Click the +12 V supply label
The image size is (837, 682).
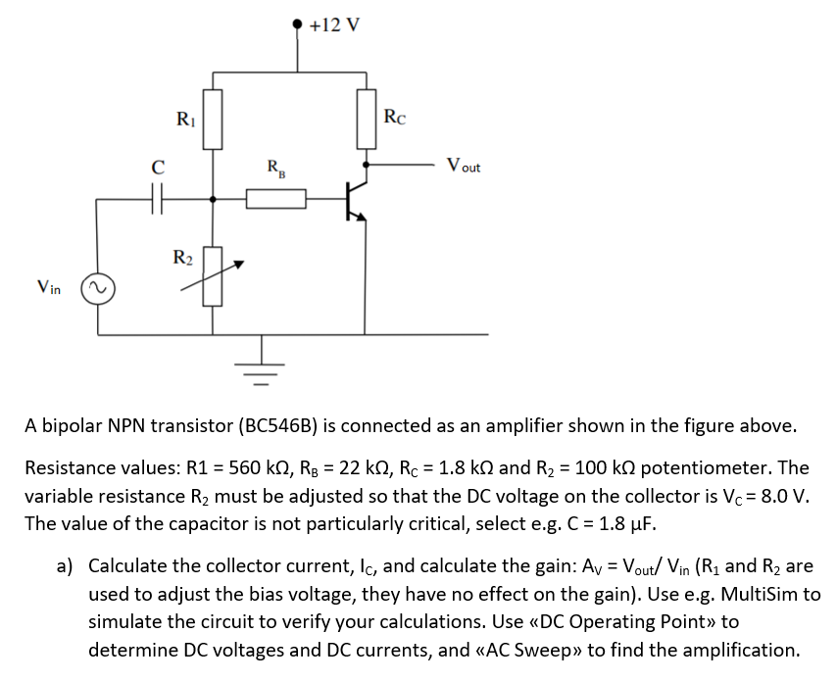(x=333, y=24)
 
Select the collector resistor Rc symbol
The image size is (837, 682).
(x=367, y=118)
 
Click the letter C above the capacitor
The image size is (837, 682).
(x=156, y=168)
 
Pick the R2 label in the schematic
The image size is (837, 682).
(x=183, y=258)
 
